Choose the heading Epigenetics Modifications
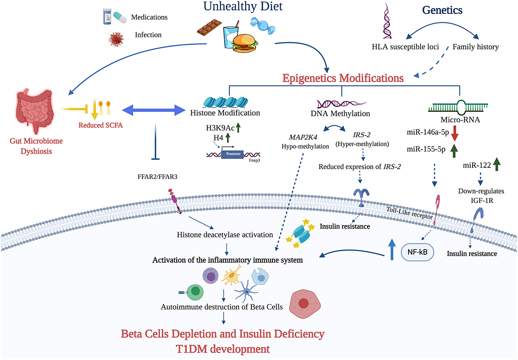pos(342,77)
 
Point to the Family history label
pos(475,47)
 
